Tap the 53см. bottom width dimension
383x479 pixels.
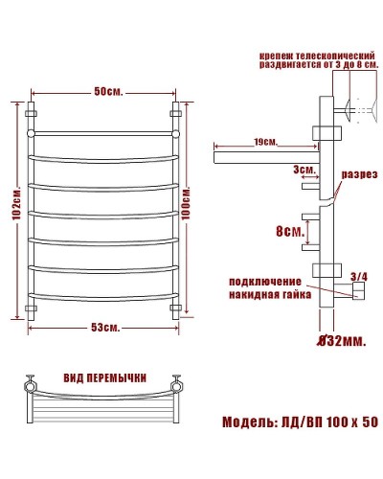pyautogui.click(x=104, y=329)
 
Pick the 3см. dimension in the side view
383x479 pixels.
pyautogui.click(x=305, y=169)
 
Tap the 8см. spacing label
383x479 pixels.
pyautogui.click(x=291, y=232)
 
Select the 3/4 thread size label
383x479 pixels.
pyautogui.click(x=359, y=277)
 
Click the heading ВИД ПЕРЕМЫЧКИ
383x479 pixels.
pyautogui.click(x=104, y=377)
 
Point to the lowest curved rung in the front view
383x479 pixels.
pyautogui.click(x=104, y=293)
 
